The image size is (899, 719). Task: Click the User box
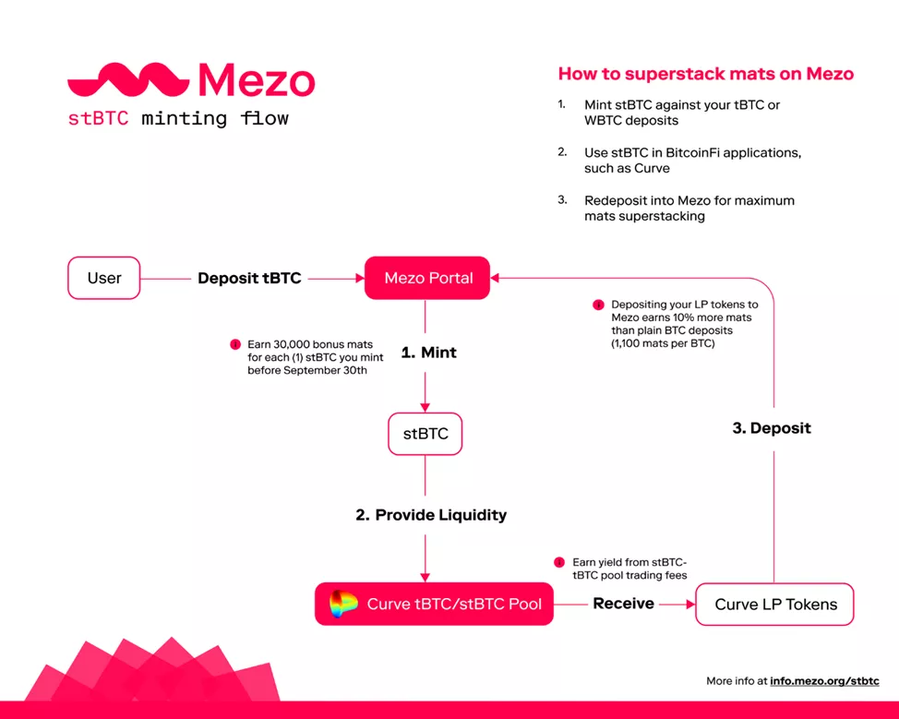coord(104,278)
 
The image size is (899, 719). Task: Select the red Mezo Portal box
coord(428,278)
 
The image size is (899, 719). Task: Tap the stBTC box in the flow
coord(426,433)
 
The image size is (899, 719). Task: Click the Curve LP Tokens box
coord(775,605)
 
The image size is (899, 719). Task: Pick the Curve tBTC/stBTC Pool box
coord(434,605)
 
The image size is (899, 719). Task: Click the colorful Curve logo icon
coord(343,605)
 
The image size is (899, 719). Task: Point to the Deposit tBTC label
coord(249,278)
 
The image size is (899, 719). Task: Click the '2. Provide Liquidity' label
coord(431,515)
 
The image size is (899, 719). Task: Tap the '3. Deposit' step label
coord(772,428)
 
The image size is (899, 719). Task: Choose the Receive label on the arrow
coord(624,604)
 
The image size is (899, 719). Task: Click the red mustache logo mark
coord(128,81)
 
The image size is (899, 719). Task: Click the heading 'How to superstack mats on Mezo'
coord(705,74)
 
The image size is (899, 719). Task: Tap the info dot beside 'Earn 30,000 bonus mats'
coord(234,344)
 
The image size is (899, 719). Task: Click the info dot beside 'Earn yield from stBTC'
coord(559,562)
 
